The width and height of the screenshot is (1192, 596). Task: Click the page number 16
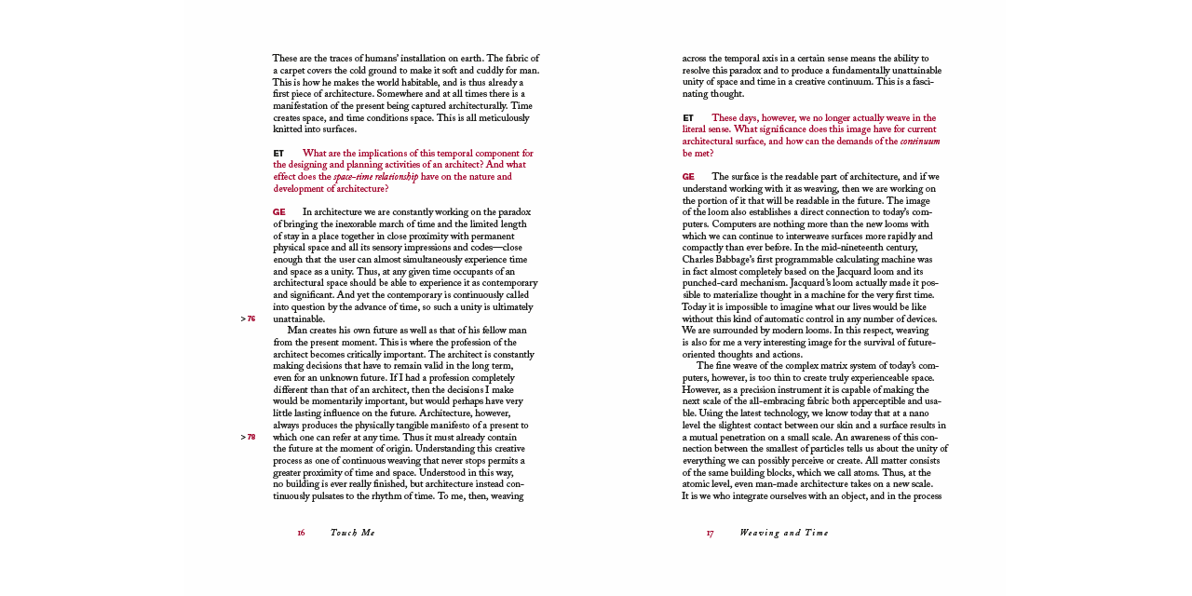(301, 533)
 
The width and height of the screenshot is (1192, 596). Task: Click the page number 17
(710, 533)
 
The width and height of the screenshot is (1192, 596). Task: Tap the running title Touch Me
(352, 533)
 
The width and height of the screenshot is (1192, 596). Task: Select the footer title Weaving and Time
(783, 533)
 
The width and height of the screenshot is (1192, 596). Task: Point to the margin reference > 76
(248, 318)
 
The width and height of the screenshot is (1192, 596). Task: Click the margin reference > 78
(248, 437)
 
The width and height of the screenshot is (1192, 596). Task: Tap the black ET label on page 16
(278, 154)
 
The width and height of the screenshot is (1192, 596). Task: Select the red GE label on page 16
(278, 212)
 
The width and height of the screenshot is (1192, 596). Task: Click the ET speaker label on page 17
(688, 118)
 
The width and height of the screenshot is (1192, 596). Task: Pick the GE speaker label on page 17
(688, 177)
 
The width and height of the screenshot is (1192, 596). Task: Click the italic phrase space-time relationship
(375, 177)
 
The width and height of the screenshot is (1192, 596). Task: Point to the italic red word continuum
(919, 142)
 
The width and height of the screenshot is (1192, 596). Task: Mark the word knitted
(290, 129)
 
